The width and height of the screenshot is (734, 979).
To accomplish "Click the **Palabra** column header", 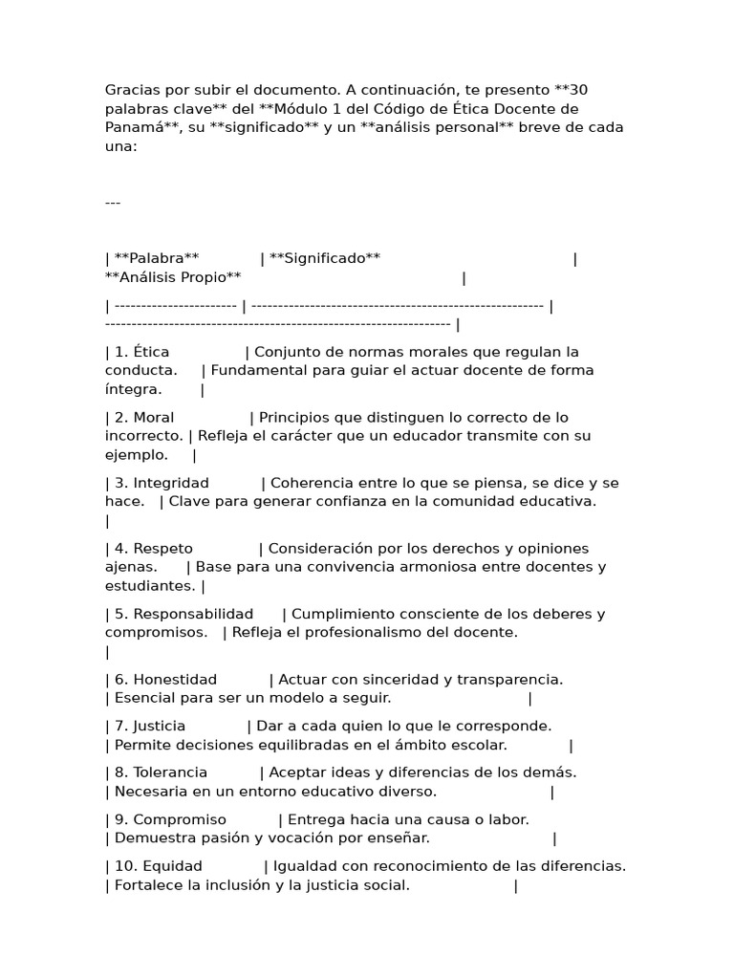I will [156, 258].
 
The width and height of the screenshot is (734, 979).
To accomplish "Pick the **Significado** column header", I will [325, 258].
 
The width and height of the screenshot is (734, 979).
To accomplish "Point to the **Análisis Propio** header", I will [173, 277].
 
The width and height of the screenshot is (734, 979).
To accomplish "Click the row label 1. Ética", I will [141, 352].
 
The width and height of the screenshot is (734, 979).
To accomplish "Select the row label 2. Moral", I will [144, 418].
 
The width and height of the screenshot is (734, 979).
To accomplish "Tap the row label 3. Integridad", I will [159, 483].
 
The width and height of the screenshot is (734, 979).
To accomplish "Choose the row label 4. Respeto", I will [153, 549].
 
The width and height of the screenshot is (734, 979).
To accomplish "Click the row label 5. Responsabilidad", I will [183, 614].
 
